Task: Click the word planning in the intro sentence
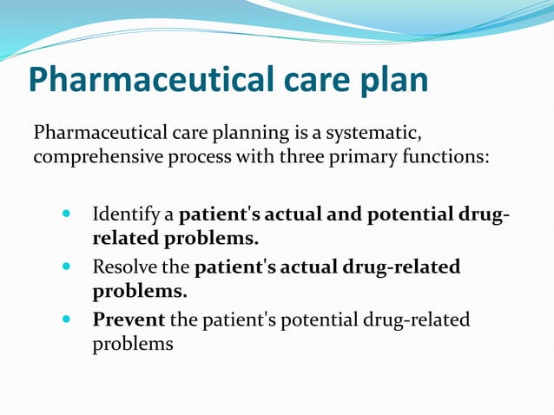253,134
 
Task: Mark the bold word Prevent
129,320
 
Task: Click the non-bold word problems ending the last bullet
133,344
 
